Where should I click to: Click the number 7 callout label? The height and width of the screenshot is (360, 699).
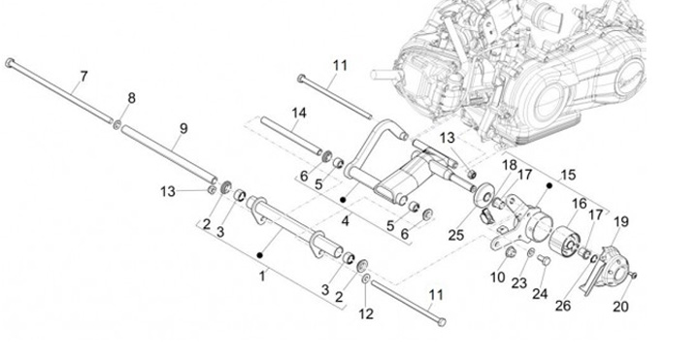(83, 77)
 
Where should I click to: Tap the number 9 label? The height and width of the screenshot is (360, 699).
(183, 129)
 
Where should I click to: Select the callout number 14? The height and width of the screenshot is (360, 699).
(299, 114)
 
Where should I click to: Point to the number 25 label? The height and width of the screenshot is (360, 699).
(456, 235)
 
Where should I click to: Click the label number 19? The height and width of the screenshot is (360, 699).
(620, 221)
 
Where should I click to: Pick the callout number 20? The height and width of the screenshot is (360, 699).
(620, 307)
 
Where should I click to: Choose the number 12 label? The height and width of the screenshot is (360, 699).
(366, 314)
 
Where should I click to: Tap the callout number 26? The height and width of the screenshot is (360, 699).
(563, 306)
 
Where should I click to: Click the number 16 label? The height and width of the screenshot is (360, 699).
(580, 204)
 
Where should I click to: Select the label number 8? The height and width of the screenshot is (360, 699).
(131, 98)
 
